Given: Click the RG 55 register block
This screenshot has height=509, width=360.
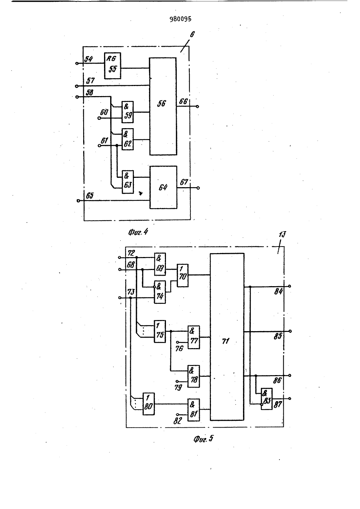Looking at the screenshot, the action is tap(112, 66).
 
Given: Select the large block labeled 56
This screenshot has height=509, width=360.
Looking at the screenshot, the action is tap(163, 106).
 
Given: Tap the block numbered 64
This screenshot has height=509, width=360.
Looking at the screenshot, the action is tap(163, 187).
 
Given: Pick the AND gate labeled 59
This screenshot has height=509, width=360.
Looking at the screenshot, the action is tap(127, 112).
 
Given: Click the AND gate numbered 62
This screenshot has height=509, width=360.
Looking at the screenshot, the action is tap(127, 139).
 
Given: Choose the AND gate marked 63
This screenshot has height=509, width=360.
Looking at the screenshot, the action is tap(128, 182).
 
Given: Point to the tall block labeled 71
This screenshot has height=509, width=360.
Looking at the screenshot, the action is tap(227, 337).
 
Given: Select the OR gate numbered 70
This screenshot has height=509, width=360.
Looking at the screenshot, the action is tap(183, 275).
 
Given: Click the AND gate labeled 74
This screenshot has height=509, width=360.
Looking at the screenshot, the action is tap(160, 292).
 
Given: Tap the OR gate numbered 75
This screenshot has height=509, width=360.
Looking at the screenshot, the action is tap(160, 332).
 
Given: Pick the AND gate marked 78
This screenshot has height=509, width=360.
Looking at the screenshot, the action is tap(194, 376).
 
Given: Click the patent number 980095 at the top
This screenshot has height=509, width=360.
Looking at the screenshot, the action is tap(180, 19).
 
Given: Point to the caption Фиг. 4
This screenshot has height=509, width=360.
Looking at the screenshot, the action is tap(138, 232).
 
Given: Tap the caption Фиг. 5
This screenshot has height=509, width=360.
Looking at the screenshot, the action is tap(203, 439).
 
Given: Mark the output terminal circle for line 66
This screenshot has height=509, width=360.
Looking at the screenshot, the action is tap(198, 107).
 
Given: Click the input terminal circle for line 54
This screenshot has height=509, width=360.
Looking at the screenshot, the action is tap(77, 63).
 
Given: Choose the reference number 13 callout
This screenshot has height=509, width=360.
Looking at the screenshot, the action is tap(283, 234).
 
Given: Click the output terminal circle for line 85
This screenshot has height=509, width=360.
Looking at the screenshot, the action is tap(290, 331).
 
